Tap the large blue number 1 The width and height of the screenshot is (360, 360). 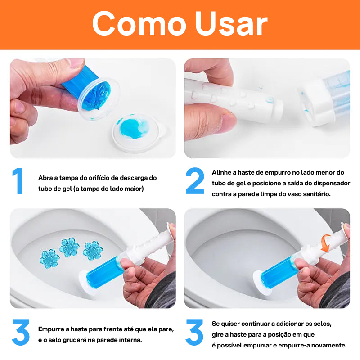18,181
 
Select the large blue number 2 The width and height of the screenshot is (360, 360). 194,181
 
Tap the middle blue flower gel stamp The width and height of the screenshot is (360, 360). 69,247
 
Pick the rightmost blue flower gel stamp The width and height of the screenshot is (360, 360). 93,251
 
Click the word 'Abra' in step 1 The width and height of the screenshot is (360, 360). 45,178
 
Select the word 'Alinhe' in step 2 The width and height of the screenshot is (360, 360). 221,172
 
